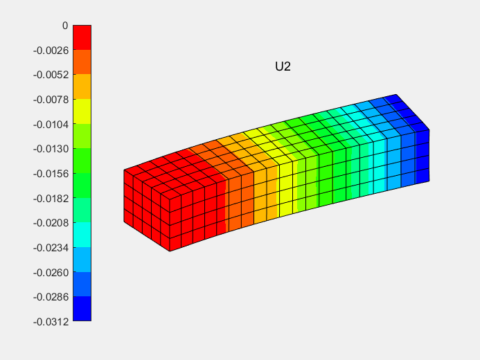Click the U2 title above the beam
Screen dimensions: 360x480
(283, 67)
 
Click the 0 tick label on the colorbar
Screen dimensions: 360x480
(64, 25)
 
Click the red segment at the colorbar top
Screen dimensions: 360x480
(82, 37)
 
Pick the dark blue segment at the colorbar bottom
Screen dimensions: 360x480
(82, 309)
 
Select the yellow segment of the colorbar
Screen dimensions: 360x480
(82, 111)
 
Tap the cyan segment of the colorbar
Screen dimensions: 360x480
(82, 235)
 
